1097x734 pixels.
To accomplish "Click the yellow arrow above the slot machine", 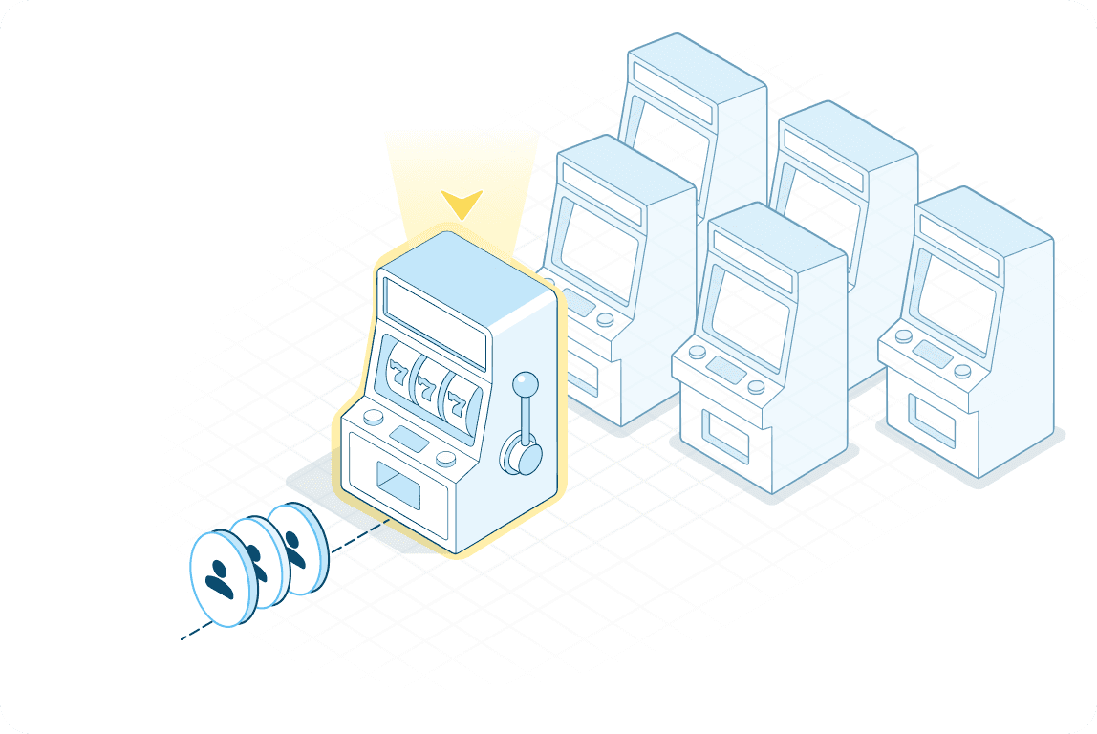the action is tap(462, 204).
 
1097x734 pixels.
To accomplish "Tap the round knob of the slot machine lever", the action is tap(525, 384).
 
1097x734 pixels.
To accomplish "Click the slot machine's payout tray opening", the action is tap(398, 486).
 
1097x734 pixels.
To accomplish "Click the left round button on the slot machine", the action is tap(373, 418).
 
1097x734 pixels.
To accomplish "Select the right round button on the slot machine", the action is tap(444, 458).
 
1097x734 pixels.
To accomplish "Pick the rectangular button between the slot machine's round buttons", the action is tap(408, 439).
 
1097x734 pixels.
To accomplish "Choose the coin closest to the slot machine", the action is tap(299, 548).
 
